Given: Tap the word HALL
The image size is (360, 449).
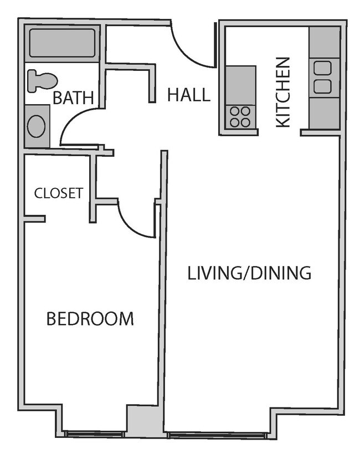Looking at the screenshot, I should [189, 95].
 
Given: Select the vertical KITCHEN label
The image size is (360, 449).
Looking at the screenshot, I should [282, 92].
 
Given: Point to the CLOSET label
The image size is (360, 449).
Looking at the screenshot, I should [58, 193].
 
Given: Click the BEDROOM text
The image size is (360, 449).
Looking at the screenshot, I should [90, 319].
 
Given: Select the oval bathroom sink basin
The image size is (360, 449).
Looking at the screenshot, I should [37, 126].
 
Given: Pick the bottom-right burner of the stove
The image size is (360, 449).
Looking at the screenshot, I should [245, 122].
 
